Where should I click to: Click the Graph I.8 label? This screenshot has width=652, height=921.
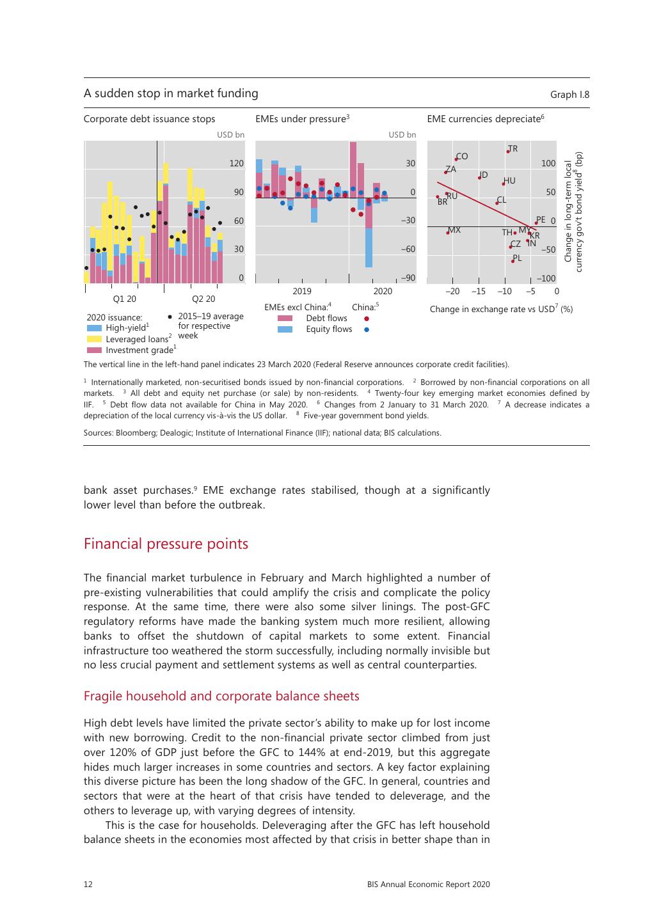click(x=569, y=95)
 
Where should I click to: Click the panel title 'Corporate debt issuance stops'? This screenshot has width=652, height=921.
click(x=149, y=119)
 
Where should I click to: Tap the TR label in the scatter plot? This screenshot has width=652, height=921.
click(x=513, y=149)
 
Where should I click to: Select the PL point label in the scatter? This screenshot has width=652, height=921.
click(x=517, y=258)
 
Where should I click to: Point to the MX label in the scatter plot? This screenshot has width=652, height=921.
click(x=454, y=230)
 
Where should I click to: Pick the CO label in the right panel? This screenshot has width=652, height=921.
click(x=462, y=156)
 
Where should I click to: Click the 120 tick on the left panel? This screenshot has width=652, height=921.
click(x=237, y=164)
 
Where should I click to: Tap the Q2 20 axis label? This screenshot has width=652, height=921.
click(x=203, y=299)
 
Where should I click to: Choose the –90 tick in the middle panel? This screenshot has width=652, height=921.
click(x=408, y=278)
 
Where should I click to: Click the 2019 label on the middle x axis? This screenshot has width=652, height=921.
click(x=302, y=291)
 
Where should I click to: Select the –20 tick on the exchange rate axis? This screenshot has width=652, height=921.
click(x=452, y=291)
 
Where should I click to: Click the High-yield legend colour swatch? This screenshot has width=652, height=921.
click(x=94, y=328)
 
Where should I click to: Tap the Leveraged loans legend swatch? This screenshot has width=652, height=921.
click(x=94, y=339)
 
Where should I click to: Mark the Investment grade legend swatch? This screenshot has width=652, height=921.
click(x=94, y=350)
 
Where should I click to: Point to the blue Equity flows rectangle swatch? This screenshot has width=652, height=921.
click(x=285, y=329)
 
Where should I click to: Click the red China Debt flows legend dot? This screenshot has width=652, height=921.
click(x=367, y=319)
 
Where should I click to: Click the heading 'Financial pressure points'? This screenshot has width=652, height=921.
click(x=166, y=544)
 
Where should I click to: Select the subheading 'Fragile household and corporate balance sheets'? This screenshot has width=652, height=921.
click(x=221, y=696)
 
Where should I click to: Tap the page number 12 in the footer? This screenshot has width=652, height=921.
click(x=88, y=885)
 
